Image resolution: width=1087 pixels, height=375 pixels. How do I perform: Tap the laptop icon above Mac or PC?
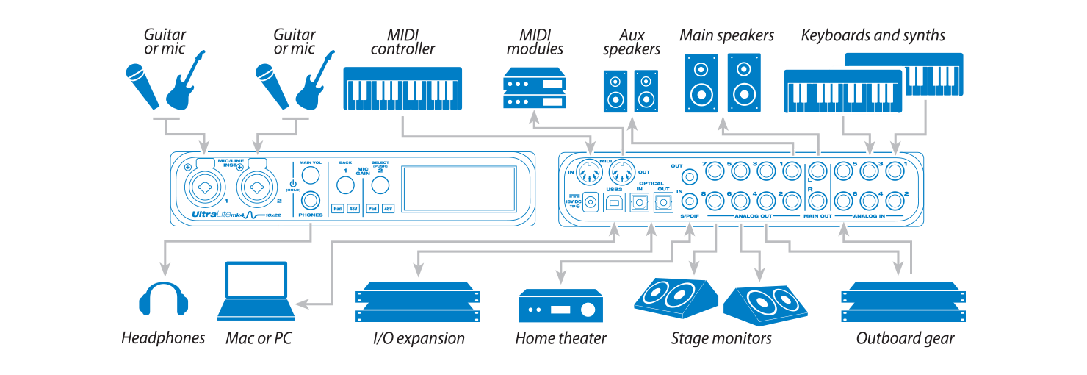256,291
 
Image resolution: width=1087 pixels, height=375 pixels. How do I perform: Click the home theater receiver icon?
561,306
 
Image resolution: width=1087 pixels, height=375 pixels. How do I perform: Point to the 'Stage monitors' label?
721,339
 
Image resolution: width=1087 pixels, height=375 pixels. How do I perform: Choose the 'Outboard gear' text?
905,339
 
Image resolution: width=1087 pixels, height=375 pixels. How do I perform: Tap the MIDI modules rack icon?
535,88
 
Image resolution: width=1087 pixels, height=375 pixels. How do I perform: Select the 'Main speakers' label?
726,35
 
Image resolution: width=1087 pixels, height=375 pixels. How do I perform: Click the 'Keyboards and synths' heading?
873,35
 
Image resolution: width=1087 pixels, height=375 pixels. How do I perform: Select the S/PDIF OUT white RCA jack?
689,176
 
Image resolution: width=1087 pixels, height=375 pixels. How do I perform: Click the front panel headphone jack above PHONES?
312,200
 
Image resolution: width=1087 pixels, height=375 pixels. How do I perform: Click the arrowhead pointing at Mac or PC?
300,304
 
